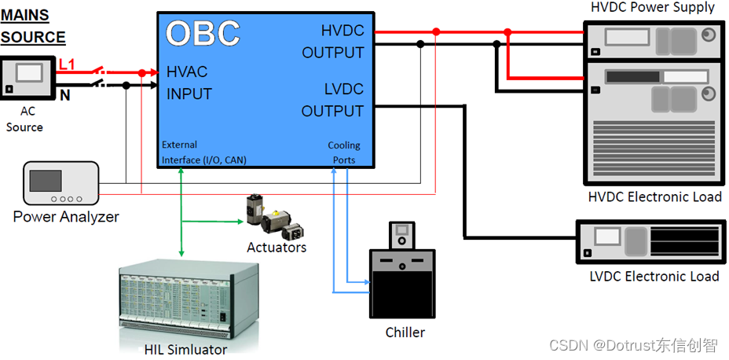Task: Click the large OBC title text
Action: tap(203, 33)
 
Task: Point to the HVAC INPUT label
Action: tap(189, 83)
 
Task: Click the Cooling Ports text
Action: tap(343, 152)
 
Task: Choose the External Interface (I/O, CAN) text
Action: tap(203, 152)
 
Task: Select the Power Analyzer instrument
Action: tap(61, 184)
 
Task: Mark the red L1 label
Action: tap(68, 64)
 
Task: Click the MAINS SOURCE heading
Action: tap(33, 26)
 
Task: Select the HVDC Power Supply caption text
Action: tap(652, 8)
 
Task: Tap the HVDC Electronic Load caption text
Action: tap(654, 197)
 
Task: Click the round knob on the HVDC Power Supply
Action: tap(709, 35)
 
